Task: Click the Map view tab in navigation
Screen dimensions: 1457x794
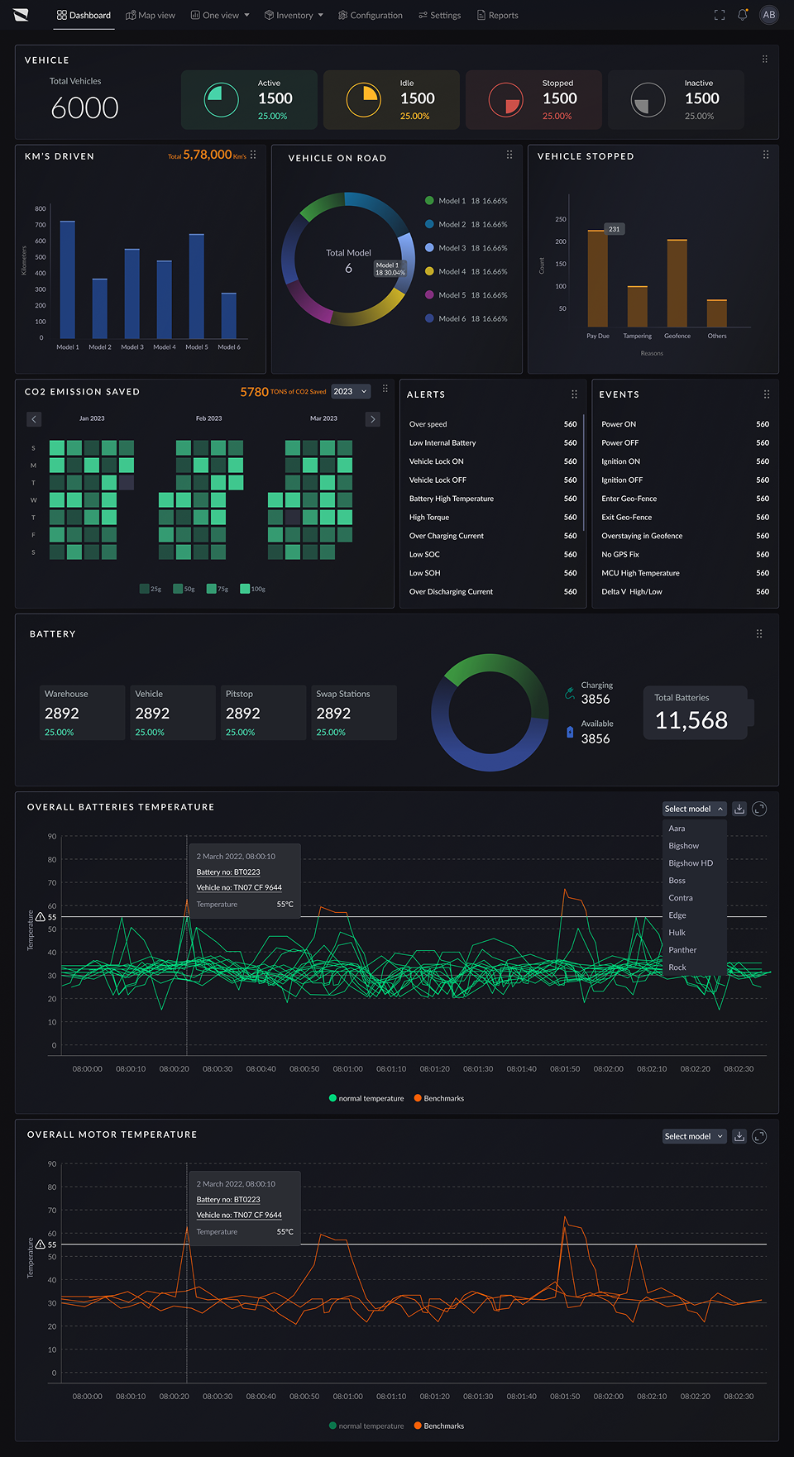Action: pyautogui.click(x=151, y=15)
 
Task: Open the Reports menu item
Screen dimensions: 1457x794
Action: pyautogui.click(x=498, y=15)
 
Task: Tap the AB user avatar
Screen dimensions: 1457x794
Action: pyautogui.click(x=768, y=15)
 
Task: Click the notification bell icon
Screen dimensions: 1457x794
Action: pyautogui.click(x=743, y=15)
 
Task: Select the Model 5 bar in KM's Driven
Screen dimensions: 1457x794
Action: pyautogui.click(x=196, y=286)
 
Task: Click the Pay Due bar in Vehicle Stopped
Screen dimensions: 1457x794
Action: pyautogui.click(x=597, y=279)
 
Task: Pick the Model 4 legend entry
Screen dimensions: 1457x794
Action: pyautogui.click(x=466, y=271)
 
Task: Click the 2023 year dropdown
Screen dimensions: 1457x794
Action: pyautogui.click(x=350, y=391)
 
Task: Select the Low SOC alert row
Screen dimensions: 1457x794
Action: pyautogui.click(x=492, y=554)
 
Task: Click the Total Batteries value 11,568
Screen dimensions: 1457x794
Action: pyautogui.click(x=691, y=720)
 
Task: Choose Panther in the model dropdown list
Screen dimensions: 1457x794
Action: pyautogui.click(x=682, y=950)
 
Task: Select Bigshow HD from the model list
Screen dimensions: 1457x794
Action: pyautogui.click(x=690, y=863)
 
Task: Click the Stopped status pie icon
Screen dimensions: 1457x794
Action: pyautogui.click(x=505, y=100)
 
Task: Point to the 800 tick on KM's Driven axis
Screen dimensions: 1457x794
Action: pyautogui.click(x=40, y=208)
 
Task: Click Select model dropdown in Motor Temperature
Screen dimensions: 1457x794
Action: pyautogui.click(x=694, y=1136)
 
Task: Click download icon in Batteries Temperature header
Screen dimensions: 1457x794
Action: pyautogui.click(x=739, y=809)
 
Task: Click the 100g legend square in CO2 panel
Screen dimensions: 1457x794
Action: pyautogui.click(x=245, y=589)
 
